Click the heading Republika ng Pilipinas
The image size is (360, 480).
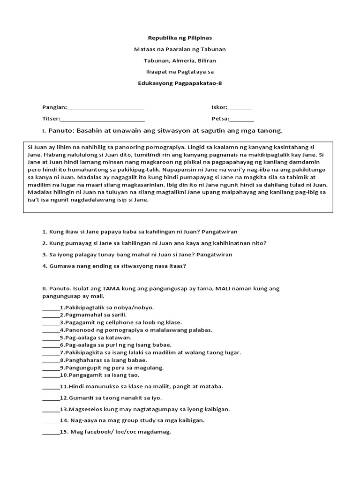[x=180, y=37]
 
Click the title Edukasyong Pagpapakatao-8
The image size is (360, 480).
[x=180, y=83]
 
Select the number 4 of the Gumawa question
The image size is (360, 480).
[x=44, y=266]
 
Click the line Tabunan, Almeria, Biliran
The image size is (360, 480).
[x=180, y=60]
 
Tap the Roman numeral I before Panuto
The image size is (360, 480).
[x=43, y=131]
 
